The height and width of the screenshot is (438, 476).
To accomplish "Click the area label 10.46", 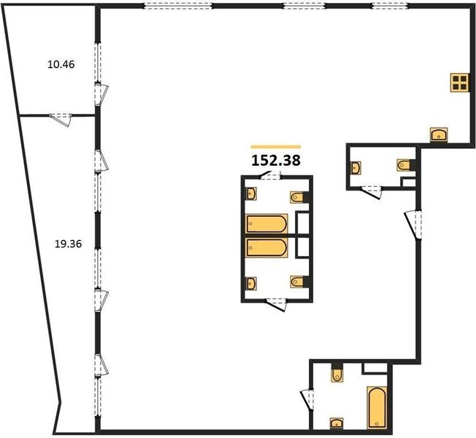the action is click(x=61, y=65).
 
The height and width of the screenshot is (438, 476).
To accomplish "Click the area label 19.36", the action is click(x=68, y=244).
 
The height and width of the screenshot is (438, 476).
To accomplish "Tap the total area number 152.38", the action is click(x=276, y=161).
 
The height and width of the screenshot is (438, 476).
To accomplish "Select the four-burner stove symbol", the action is click(x=458, y=82).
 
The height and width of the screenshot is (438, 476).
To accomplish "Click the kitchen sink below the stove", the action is click(x=439, y=134).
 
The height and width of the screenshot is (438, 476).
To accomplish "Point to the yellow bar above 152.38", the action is click(x=276, y=147).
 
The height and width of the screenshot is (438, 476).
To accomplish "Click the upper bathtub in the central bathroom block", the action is click(x=266, y=223).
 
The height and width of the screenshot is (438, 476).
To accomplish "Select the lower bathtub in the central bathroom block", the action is click(x=266, y=247).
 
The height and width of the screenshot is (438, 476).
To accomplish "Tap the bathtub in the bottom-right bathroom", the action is click(x=377, y=407).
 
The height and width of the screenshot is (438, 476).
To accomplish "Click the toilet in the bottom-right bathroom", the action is click(x=337, y=373).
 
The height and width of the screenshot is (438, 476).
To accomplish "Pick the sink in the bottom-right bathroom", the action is click(x=337, y=423).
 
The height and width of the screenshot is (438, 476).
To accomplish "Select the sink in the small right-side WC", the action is click(x=356, y=168).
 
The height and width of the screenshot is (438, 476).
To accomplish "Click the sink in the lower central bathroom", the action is click(x=250, y=283).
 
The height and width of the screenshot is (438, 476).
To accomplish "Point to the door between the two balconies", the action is click(x=61, y=119).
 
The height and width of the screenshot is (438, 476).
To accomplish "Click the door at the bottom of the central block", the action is click(x=277, y=304).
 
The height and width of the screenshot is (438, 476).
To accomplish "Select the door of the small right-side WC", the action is click(x=371, y=193).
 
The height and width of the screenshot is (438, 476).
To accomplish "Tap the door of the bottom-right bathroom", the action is click(x=307, y=399).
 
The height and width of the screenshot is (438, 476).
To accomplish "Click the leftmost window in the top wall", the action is click(x=178, y=6).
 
